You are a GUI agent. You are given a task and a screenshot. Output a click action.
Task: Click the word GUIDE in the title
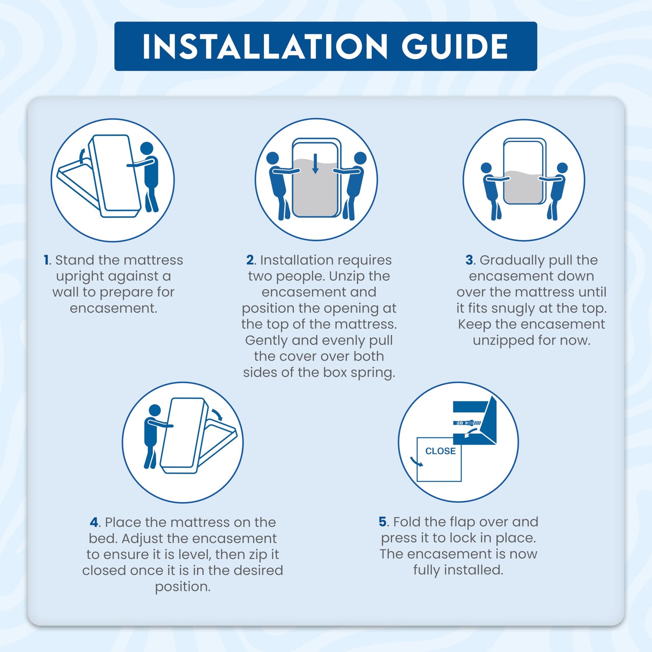(455, 46)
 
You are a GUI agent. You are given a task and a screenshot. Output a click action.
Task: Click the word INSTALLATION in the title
(265, 46)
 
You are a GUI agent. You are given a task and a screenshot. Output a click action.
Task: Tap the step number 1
(47, 260)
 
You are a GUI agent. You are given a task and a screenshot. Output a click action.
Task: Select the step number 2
(250, 260)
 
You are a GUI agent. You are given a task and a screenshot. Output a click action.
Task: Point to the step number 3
(469, 260)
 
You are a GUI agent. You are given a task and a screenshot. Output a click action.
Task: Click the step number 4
(95, 522)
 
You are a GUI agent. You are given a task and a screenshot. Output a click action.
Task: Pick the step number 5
(383, 522)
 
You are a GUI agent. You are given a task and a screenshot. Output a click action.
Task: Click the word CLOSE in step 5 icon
(440, 451)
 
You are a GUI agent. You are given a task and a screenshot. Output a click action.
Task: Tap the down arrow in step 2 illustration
(316, 163)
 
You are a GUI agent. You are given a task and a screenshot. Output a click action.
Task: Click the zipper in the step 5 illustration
(467, 422)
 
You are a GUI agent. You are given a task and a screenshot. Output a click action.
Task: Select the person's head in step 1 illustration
(147, 148)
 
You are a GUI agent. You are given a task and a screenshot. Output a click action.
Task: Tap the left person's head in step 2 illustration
(273, 158)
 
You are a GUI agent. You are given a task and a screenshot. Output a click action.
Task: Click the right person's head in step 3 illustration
(562, 168)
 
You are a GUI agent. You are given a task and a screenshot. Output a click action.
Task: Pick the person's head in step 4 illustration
(155, 410)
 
